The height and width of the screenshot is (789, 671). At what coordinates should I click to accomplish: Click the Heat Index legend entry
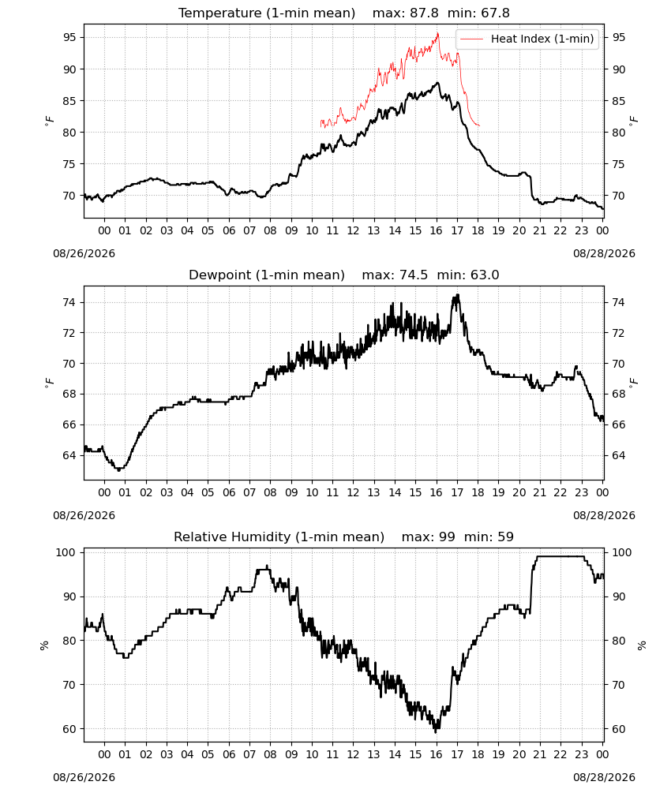(x=527, y=39)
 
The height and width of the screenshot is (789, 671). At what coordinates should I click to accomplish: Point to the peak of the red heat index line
(x=438, y=33)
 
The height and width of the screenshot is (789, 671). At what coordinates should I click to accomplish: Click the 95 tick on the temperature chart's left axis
(x=69, y=37)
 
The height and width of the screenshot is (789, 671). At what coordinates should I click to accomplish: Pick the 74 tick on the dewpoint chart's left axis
(x=69, y=302)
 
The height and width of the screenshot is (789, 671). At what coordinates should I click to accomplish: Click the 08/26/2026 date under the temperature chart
(x=84, y=253)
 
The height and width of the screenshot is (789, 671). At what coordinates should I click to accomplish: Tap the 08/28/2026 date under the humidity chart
(x=604, y=777)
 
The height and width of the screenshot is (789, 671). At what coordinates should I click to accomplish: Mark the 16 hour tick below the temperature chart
(x=436, y=230)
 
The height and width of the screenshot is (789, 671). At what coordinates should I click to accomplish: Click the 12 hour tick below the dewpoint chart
(x=353, y=492)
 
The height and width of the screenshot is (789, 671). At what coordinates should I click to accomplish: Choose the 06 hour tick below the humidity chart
(x=229, y=755)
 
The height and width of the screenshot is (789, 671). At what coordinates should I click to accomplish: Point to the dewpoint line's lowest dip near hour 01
(x=119, y=470)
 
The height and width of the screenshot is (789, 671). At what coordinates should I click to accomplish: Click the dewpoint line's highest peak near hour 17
(x=457, y=295)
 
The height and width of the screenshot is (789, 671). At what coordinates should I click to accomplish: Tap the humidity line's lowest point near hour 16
(x=436, y=732)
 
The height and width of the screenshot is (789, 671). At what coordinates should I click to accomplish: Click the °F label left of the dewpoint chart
(x=49, y=383)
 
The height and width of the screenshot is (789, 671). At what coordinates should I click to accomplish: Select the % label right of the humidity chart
(x=642, y=645)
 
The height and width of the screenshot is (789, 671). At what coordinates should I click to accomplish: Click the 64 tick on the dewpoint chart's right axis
(x=619, y=455)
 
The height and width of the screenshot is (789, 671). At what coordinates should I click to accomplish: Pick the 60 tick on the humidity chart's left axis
(x=69, y=729)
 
